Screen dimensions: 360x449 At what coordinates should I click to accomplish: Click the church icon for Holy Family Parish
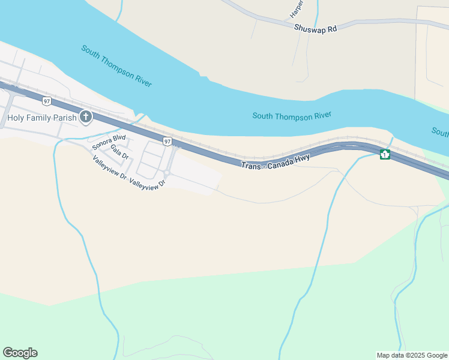(x=85, y=117)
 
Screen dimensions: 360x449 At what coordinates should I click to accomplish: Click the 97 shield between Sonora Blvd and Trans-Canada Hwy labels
(x=167, y=141)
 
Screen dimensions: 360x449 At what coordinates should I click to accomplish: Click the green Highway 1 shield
(x=385, y=155)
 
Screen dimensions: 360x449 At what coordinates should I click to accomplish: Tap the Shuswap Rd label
(x=316, y=28)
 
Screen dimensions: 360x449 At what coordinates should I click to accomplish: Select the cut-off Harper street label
(x=295, y=8)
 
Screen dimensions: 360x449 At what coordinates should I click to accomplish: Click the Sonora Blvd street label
(x=109, y=142)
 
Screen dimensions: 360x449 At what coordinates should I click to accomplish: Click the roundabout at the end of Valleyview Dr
(x=166, y=174)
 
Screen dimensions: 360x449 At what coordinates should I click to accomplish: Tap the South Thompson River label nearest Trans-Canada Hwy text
(x=292, y=116)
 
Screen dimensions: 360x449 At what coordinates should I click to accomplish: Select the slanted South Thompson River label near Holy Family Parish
(x=116, y=65)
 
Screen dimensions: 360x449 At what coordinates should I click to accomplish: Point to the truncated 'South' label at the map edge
(x=440, y=132)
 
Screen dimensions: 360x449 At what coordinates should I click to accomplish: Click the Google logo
(x=20, y=353)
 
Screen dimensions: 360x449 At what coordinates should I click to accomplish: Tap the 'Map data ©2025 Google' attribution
(x=411, y=355)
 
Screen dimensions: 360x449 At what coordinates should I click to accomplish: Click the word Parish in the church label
(x=64, y=118)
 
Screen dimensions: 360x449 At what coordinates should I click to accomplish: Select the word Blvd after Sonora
(x=120, y=139)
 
